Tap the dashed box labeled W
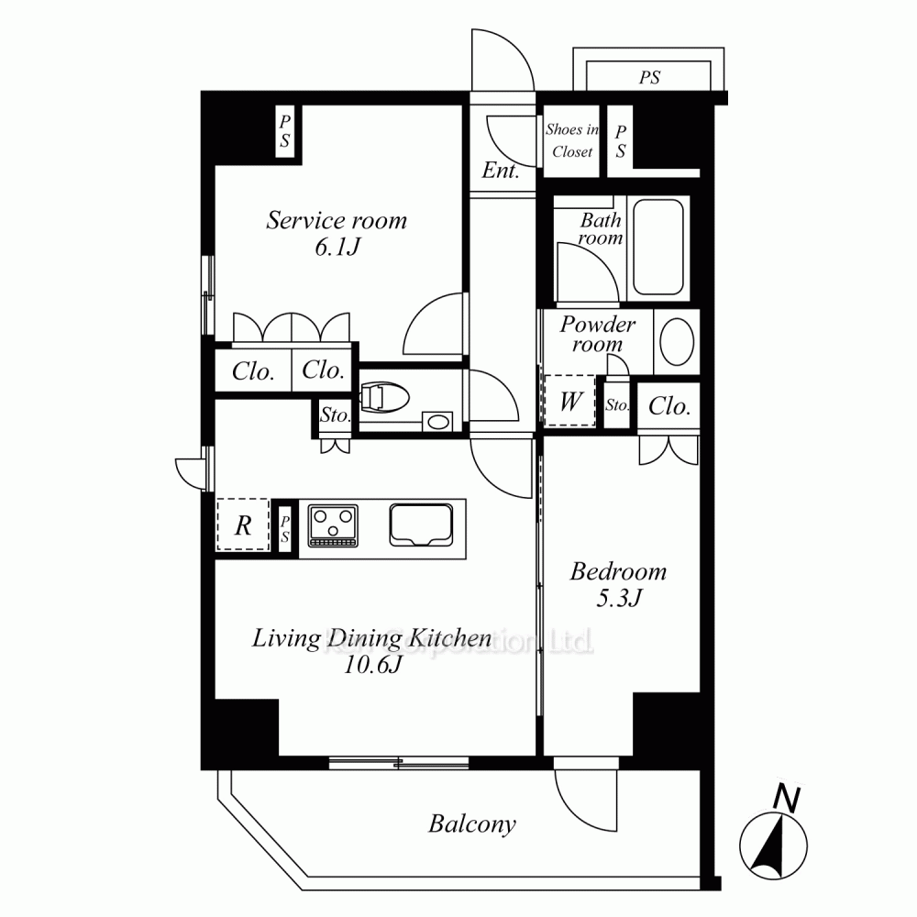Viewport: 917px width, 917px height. pyautogui.click(x=569, y=402)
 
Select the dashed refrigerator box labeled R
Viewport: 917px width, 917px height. pyautogui.click(x=243, y=525)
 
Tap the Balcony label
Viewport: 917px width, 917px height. pyautogui.click(x=472, y=824)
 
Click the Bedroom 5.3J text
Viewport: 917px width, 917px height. pyautogui.click(x=618, y=585)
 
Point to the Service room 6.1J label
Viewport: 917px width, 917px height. pyautogui.click(x=337, y=233)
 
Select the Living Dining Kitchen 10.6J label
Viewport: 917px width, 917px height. pyautogui.click(x=371, y=650)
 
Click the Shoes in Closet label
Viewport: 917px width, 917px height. pyautogui.click(x=572, y=140)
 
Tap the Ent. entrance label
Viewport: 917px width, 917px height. pyautogui.click(x=501, y=171)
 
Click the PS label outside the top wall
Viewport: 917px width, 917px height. pyautogui.click(x=649, y=78)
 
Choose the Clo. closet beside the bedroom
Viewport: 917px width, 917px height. pyautogui.click(x=669, y=406)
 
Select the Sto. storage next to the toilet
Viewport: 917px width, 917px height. pyautogui.click(x=335, y=414)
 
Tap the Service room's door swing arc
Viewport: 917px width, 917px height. pyautogui.click(x=436, y=321)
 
